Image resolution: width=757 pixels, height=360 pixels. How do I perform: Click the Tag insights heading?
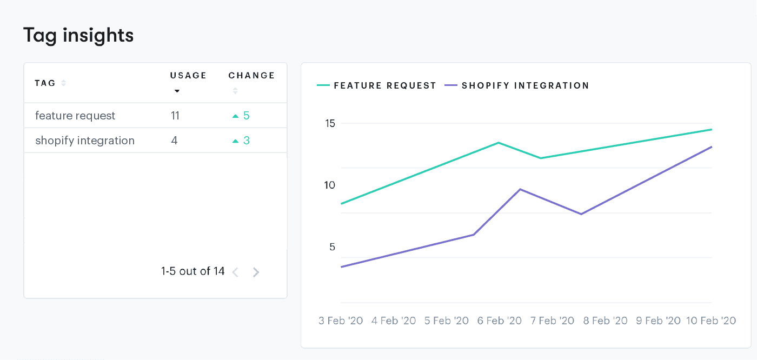coord(78,35)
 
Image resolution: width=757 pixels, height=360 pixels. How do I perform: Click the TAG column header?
coord(45,83)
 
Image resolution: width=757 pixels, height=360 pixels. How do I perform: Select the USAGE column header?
coord(188,76)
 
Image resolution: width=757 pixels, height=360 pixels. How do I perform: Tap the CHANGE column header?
coord(251,76)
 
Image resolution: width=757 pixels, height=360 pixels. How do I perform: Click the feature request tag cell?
coord(75,116)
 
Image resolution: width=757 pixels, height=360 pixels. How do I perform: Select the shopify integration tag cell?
coord(85,141)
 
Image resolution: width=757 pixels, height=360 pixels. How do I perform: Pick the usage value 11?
coord(175,116)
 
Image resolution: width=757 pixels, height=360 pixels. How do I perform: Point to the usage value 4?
coord(174,141)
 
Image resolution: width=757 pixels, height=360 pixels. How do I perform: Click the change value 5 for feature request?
coord(246,116)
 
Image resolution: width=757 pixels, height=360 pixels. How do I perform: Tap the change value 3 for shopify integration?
coord(246,141)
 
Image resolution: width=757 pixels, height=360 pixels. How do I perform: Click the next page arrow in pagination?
coord(256,272)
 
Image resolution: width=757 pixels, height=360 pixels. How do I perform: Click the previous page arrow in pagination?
coord(235,272)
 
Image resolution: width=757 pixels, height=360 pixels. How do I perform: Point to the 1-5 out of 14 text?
coord(192,271)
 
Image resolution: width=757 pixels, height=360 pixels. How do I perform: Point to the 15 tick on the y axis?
coord(329,123)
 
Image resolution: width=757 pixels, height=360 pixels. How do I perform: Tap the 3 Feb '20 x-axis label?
coord(341,321)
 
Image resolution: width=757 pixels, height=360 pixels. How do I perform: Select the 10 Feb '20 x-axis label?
coord(711,321)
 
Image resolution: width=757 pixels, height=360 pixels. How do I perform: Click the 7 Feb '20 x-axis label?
coord(552,321)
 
